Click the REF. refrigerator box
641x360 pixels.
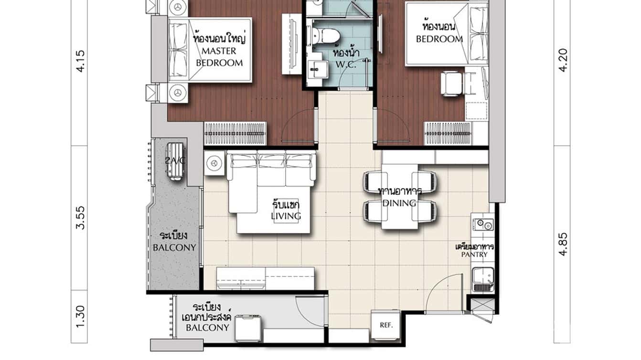click(386, 325)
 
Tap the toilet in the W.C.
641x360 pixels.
click(329, 36)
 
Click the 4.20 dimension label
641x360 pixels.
click(564, 61)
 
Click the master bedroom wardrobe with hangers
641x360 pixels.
click(235, 133)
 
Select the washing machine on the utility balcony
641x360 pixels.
click(249, 328)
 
